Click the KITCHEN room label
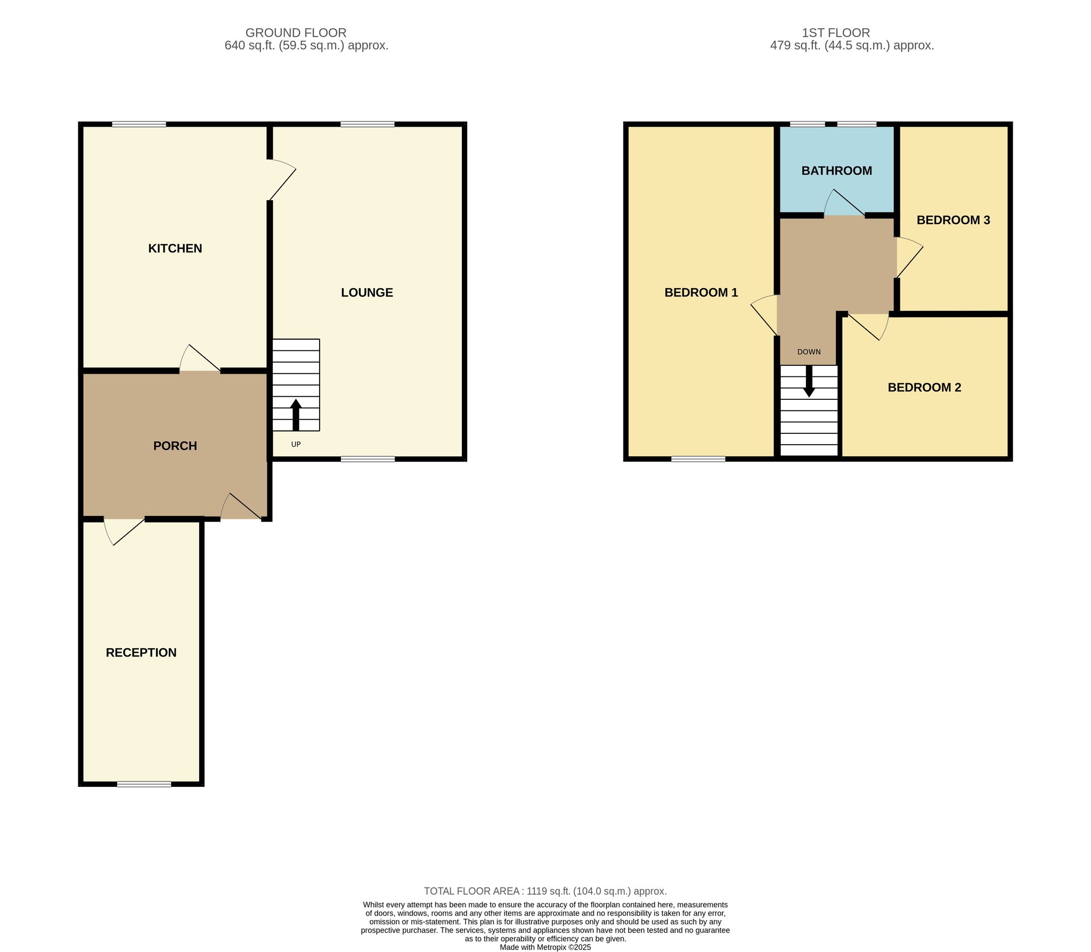[175, 248]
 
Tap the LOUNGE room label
[367, 292]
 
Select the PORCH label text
[175, 446]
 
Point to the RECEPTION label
[141, 652]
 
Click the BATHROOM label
[837, 171]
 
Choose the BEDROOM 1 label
[701, 292]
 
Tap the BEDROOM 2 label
[924, 387]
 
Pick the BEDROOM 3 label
[953, 220]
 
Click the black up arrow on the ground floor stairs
[296, 415]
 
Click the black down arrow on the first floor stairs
[809, 381]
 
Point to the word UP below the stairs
[296, 444]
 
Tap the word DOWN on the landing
[809, 352]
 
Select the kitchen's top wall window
[139, 125]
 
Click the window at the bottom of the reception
[144, 784]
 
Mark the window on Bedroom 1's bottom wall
[698, 459]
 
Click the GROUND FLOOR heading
[296, 33]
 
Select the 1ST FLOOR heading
[836, 33]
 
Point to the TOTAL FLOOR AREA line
[545, 891]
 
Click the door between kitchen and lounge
[281, 179]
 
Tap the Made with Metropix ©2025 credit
[545, 947]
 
